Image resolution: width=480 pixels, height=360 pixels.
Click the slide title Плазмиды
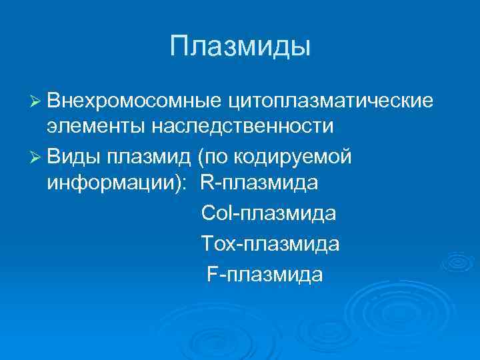(240, 46)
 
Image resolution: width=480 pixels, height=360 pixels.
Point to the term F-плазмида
(265, 274)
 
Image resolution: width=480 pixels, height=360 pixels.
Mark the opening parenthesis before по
(201, 156)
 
